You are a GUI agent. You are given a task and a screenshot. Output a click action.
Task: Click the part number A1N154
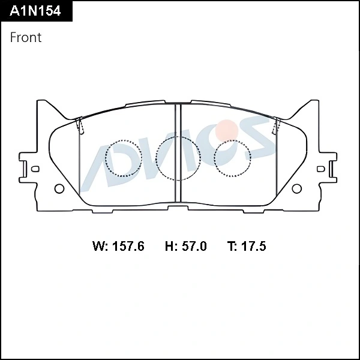(x=35, y=11)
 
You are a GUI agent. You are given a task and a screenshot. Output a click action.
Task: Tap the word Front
(x=26, y=37)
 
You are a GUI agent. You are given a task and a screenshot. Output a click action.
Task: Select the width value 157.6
(x=128, y=246)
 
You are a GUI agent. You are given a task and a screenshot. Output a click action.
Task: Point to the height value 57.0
(x=194, y=246)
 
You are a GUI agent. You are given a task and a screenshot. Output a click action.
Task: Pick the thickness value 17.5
(x=253, y=246)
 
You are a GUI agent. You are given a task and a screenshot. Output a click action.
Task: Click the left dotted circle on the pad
(x=106, y=158)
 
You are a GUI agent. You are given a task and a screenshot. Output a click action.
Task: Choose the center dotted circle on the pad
(x=156, y=158)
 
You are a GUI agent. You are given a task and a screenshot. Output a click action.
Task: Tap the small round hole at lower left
(x=59, y=188)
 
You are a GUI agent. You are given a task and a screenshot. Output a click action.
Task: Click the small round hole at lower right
(x=296, y=188)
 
